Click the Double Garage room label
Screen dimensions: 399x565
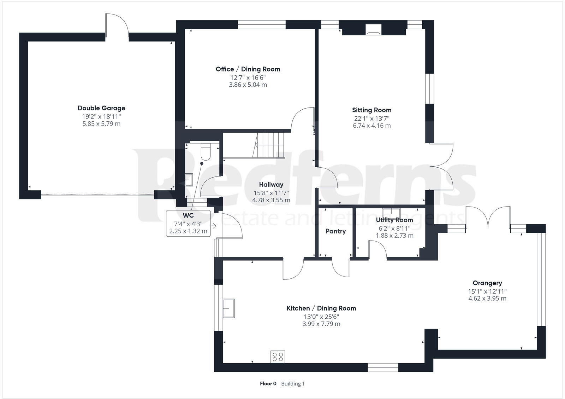pos(101,108)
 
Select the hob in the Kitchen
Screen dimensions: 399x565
pos(278,357)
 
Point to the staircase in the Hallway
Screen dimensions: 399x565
pos(270,145)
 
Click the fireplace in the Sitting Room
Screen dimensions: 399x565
pos(373,30)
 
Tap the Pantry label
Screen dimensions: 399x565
pos(335,231)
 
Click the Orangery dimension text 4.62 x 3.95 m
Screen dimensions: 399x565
pos(487,299)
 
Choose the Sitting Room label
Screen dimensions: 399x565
pos(371,110)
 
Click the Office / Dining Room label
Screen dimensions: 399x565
pos(248,69)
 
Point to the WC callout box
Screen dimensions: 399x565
pos(188,224)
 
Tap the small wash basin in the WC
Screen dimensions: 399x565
pos(189,180)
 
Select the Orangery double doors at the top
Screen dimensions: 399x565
pos(488,218)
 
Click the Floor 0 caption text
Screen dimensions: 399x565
pos(268,384)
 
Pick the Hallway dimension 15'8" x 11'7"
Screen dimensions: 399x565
pos(271,193)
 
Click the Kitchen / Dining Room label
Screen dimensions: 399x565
pos(321,308)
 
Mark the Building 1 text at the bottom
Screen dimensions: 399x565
pos(293,384)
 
